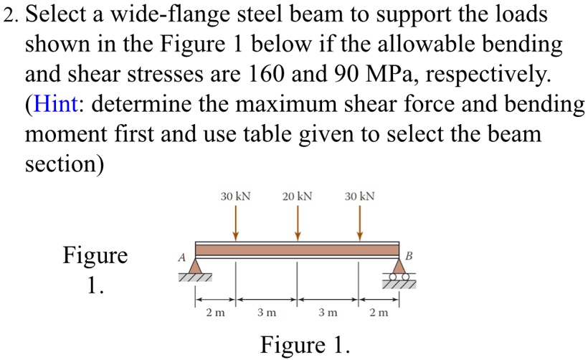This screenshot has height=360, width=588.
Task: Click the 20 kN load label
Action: point(298,196)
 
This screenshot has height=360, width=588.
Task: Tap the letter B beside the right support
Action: point(409,255)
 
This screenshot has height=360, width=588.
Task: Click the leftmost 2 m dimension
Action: point(215,313)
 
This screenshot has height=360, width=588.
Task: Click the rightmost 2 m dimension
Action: point(379,313)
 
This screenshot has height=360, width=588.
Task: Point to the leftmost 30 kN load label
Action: point(235,196)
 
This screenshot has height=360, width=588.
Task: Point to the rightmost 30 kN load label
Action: point(359,196)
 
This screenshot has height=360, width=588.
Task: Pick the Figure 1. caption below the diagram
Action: point(305,345)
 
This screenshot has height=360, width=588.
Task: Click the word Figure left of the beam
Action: point(95,255)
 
